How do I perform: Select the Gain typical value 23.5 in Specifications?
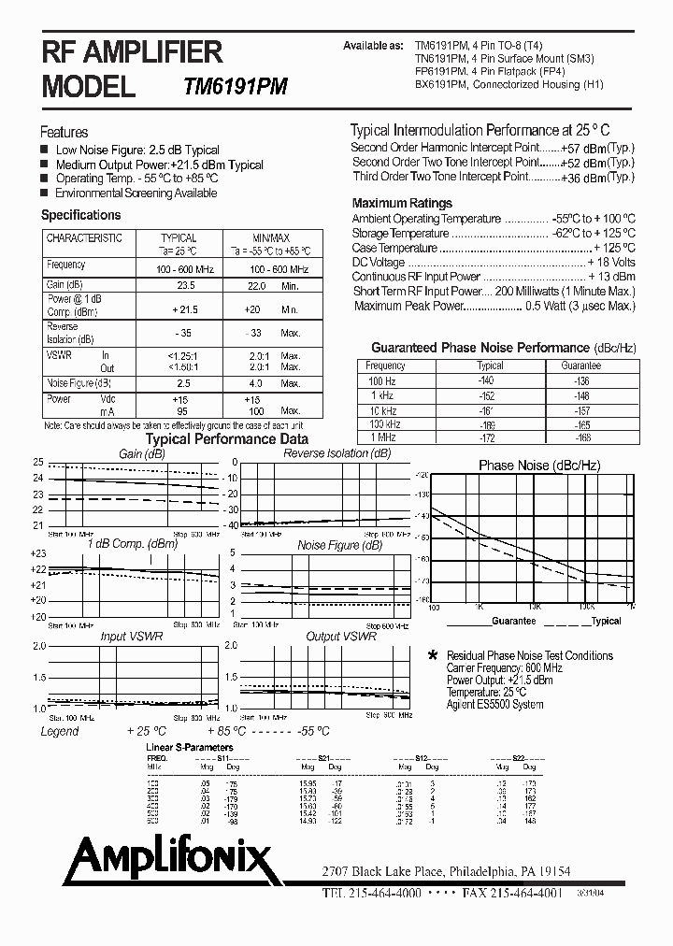coord(185,286)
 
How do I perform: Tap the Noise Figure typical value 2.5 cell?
coord(183,383)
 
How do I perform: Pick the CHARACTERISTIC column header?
coord(84,238)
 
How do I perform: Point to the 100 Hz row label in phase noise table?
coord(381,381)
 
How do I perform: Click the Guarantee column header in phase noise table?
coord(581,366)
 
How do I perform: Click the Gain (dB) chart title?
coord(142,453)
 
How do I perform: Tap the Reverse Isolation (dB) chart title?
coord(336,453)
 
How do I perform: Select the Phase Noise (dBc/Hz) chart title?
coord(539,466)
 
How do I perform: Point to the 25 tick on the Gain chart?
coord(38,463)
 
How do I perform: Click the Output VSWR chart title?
coord(341,637)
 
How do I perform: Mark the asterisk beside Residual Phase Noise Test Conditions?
coord(432,656)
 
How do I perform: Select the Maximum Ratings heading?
coord(402,203)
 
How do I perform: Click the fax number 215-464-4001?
coord(512,893)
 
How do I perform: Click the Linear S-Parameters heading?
coord(190,749)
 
